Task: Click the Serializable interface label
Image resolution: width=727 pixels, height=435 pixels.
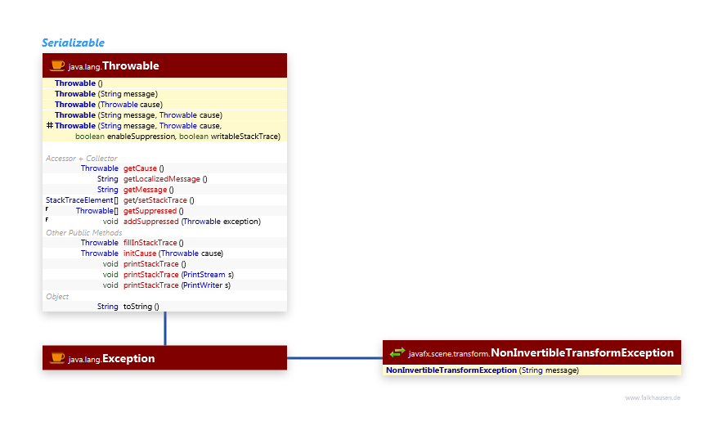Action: [73, 43]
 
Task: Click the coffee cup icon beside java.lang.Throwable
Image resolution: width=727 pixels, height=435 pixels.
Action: [57, 65]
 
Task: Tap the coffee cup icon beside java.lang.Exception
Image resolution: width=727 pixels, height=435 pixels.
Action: [57, 358]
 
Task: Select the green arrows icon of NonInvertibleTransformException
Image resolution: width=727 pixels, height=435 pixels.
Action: [397, 353]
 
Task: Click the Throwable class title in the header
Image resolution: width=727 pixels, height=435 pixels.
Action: [130, 65]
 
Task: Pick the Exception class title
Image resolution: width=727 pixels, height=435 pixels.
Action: [128, 358]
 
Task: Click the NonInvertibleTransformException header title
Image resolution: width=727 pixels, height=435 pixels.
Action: [581, 353]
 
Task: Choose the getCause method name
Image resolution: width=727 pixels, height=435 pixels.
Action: [140, 168]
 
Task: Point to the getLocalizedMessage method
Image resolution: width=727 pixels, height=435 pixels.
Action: [162, 179]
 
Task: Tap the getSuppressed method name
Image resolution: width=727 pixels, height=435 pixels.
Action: [150, 211]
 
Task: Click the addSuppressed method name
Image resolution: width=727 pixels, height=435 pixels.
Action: [150, 222]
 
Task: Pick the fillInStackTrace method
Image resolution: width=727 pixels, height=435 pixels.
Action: [150, 243]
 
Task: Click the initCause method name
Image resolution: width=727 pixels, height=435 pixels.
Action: [140, 253]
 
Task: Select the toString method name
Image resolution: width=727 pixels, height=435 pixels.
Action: [137, 307]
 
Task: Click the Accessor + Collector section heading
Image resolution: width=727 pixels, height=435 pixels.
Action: [81, 158]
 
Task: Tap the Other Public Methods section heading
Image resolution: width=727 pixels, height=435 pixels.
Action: [85, 232]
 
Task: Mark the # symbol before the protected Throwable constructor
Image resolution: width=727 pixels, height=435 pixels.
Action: [49, 126]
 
